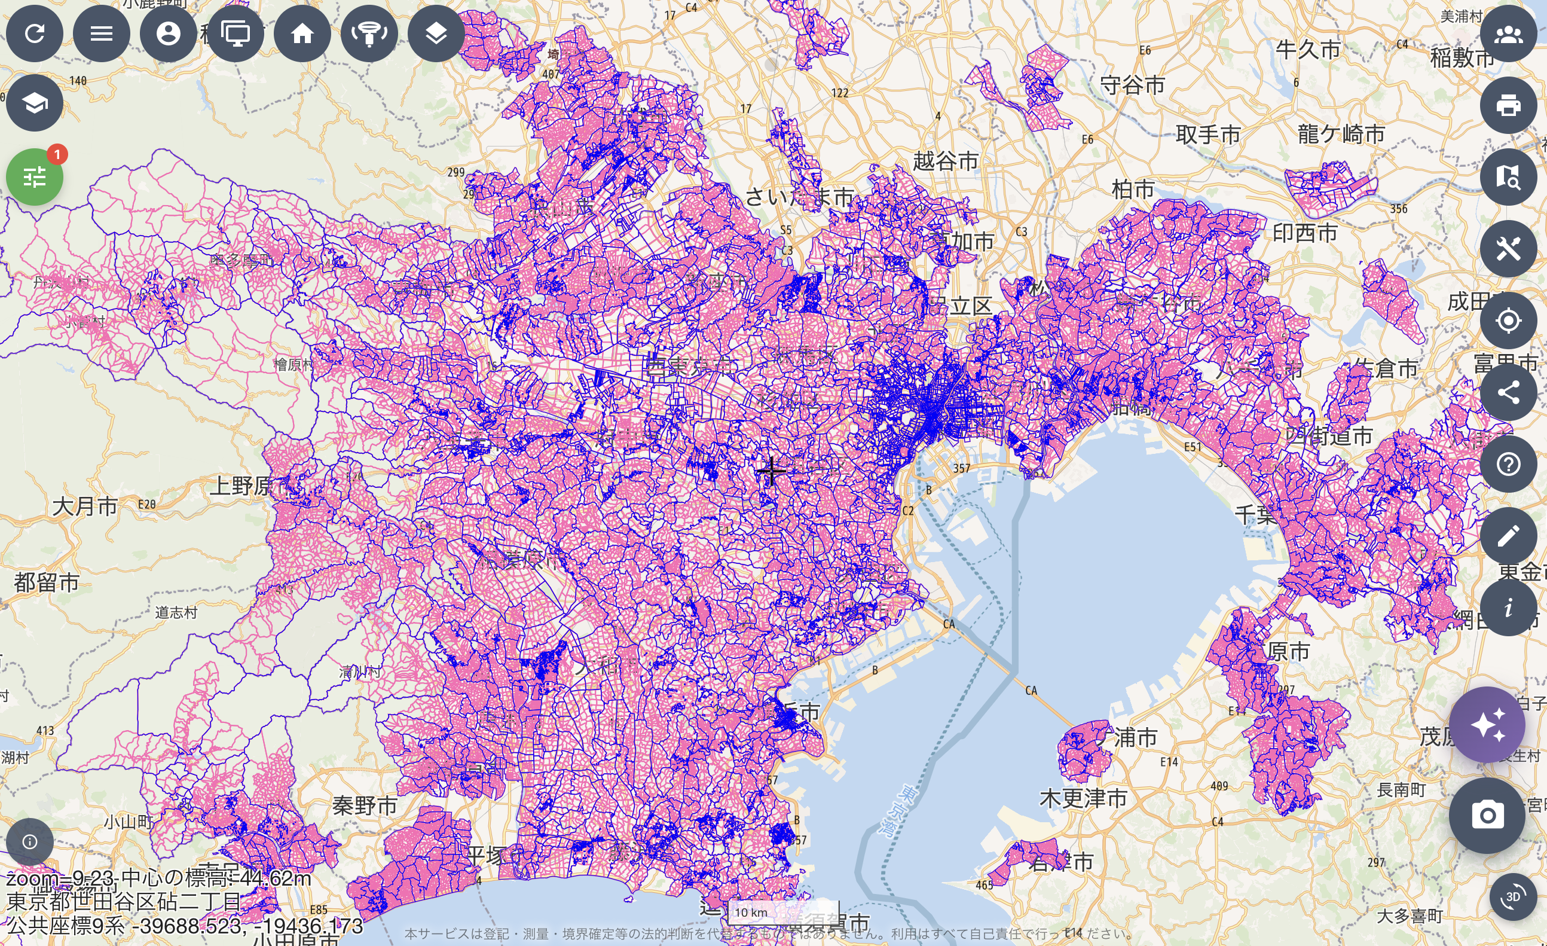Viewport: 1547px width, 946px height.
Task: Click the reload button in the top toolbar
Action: (35, 33)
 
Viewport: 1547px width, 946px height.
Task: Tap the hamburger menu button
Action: (102, 33)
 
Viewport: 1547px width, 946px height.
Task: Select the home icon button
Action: (302, 33)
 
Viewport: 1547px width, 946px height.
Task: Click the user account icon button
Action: (168, 33)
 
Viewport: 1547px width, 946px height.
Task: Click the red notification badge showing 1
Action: (57, 154)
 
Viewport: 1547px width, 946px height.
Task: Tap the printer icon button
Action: (1508, 105)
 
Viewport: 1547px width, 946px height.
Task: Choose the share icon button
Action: (1508, 393)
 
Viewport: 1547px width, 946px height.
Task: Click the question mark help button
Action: (1508, 464)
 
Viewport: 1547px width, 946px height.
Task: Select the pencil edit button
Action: (1508, 536)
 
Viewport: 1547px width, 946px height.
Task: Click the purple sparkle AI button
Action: (1487, 724)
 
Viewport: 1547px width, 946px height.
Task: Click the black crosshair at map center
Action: (771, 471)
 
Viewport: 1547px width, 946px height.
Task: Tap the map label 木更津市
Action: (1083, 798)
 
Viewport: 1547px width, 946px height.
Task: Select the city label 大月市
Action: (85, 506)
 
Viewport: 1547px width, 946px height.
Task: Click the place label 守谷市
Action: (1133, 85)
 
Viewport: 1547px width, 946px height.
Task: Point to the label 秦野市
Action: (364, 805)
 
